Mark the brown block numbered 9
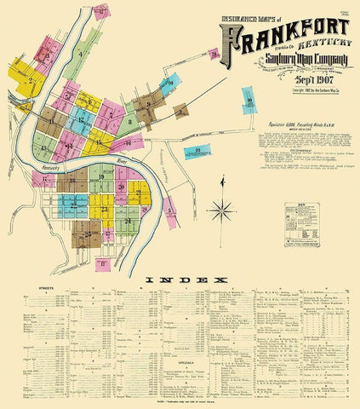coord(150,106)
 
